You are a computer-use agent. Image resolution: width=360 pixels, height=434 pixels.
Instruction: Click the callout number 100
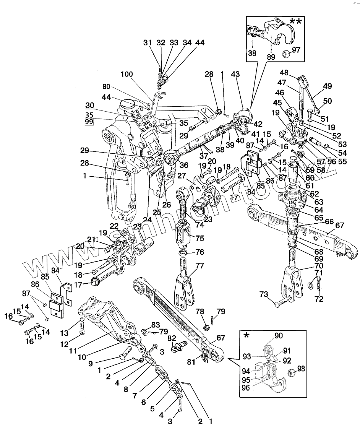pos(128,74)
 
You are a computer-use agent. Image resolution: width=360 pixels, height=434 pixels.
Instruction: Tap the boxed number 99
pos(89,122)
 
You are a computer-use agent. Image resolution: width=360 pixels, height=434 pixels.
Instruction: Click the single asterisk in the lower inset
pos(246,335)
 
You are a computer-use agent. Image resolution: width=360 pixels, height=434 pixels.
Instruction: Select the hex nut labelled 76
pos(182,253)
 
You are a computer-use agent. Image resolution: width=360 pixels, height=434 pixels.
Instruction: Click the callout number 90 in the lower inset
pos(279,336)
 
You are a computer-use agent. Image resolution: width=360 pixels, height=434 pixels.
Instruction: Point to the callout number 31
pos(148,43)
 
